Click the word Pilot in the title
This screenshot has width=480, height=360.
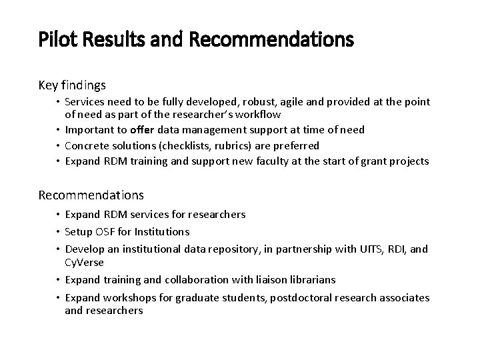tap(54, 41)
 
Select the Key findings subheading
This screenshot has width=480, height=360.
tap(72, 85)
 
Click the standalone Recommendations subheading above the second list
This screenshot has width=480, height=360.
tap(91, 195)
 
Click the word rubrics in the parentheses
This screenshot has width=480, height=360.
tap(231, 145)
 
